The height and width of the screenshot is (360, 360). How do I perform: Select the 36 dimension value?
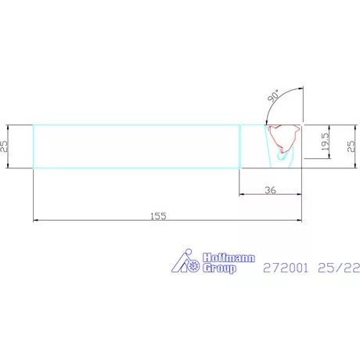coord(270,189)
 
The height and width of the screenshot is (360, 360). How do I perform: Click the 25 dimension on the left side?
coord(5,146)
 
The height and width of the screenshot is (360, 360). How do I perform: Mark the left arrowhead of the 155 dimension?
coord(36,221)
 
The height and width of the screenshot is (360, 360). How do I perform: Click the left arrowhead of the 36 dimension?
coord(242,195)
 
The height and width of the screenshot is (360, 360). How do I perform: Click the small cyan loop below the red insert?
coord(283,157)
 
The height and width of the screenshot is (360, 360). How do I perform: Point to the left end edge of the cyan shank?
coord(33,146)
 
